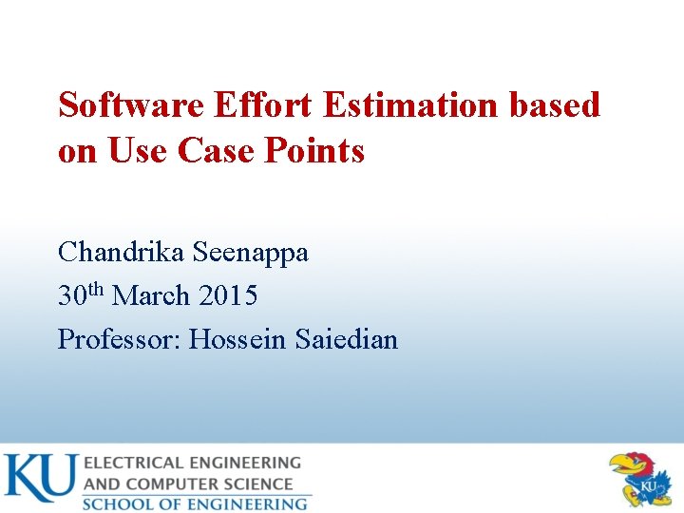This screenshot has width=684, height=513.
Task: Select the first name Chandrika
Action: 122,253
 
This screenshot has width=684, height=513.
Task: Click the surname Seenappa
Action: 251,253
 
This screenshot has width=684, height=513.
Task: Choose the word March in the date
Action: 152,296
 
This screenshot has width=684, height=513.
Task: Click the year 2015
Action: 228,296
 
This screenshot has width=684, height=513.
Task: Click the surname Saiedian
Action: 346,339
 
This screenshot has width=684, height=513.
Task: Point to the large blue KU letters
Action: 40,478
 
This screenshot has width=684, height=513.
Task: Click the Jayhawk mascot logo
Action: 643,478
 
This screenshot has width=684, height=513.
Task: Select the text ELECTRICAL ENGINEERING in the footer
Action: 192,463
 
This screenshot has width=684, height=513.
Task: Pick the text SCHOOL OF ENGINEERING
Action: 195,503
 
